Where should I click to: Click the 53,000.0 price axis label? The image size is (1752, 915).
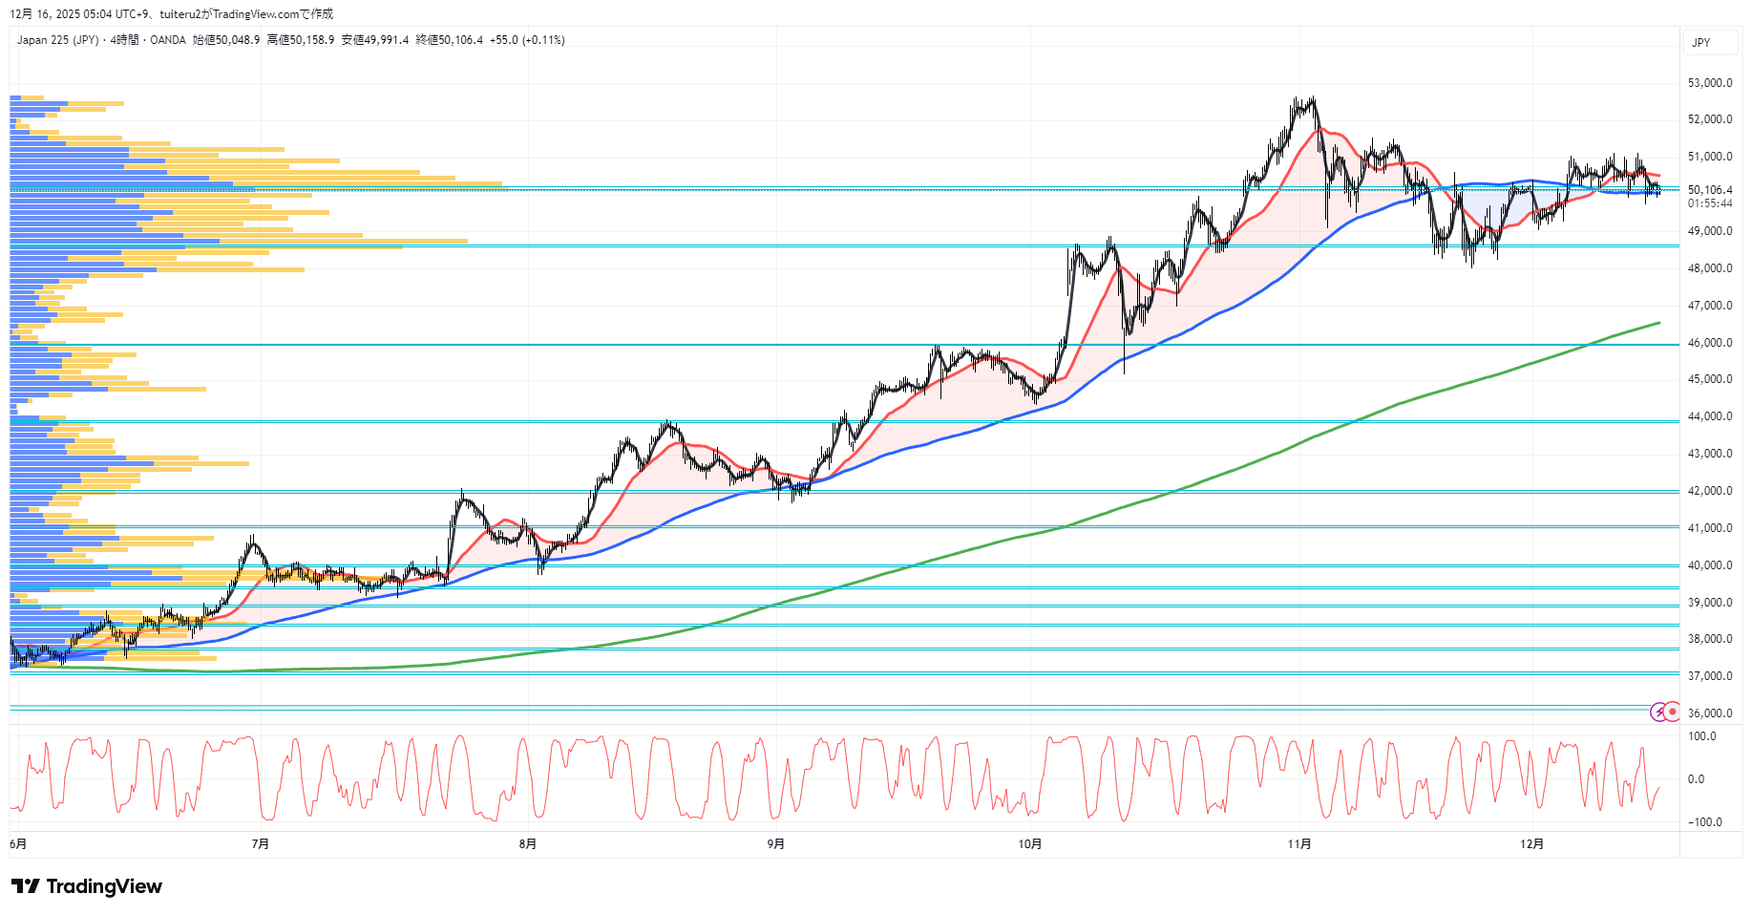point(1709,83)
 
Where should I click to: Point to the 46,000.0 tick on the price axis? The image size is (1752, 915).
point(1709,343)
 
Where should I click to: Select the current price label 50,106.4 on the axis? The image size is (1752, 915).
point(1709,190)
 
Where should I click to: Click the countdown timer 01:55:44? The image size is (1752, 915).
point(1709,203)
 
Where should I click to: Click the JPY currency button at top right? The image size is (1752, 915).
point(1701,43)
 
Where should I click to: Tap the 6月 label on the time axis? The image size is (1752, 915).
point(18,844)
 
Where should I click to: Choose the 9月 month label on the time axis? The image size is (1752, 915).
point(776,844)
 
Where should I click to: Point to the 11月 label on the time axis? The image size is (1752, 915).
point(1298,844)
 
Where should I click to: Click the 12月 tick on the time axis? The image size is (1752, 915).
point(1531,844)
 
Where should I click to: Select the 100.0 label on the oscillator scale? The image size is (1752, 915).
point(1701,736)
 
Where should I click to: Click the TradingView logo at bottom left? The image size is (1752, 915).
point(87,886)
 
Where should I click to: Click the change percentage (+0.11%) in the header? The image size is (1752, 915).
point(543,40)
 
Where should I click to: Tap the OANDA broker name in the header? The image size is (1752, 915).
point(168,40)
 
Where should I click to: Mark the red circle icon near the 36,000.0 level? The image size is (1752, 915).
point(1672,712)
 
